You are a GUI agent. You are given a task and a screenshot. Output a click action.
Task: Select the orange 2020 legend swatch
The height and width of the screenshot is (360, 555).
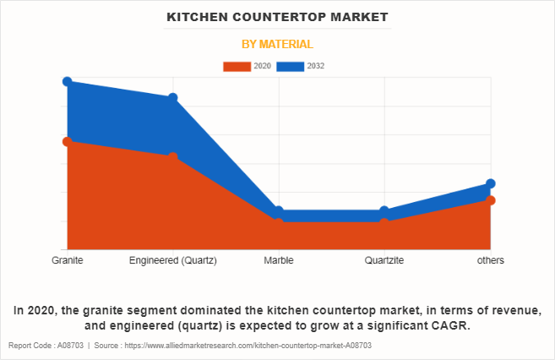237,66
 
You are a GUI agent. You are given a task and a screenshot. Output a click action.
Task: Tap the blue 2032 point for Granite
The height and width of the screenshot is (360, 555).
67,81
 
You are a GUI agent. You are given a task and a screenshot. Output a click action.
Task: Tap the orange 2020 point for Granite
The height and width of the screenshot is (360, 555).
67,141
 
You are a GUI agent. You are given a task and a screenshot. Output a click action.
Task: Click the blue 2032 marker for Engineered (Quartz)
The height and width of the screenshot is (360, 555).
172,98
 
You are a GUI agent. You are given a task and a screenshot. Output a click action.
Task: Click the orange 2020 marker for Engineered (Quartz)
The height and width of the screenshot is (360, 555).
172,157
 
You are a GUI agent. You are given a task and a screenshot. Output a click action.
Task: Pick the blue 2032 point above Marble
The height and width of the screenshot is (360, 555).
279,211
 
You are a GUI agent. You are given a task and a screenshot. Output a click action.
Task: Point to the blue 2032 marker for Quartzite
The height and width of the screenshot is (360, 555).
384,211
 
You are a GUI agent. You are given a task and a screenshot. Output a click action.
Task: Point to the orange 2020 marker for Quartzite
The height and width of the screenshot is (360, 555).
384,223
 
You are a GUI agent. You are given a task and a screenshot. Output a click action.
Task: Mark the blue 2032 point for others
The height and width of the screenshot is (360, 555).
490,183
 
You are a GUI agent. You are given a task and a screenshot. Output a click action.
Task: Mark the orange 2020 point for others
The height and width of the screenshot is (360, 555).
490,200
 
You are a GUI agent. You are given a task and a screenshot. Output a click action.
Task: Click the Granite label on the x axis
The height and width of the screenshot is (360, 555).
67,260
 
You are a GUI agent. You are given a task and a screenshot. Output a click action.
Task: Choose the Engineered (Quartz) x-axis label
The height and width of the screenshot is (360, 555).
172,260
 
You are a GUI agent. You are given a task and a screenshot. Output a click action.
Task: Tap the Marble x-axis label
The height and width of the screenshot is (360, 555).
279,260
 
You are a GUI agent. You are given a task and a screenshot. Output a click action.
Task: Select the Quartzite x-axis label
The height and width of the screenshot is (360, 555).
384,260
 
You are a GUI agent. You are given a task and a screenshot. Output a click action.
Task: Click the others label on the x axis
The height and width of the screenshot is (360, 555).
490,260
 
